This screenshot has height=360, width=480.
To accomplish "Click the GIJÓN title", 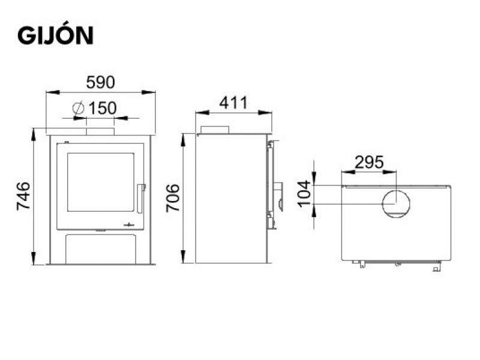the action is pos(55,35).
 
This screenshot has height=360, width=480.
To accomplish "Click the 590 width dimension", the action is pos(100,82).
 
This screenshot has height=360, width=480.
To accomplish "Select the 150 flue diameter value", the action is pos(103,108).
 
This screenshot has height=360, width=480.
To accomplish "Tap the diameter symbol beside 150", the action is pos(79,108).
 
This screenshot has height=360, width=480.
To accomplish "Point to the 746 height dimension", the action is pos(23,196).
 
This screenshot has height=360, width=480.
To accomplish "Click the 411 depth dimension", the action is pos(233,103).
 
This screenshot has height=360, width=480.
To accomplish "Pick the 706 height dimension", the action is pos(173,198).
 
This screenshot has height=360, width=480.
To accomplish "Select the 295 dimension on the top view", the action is pos(369,162).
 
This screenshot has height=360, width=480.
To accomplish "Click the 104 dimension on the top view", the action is pos(304,194).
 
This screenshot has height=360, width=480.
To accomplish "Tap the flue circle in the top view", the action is pos(396,190).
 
